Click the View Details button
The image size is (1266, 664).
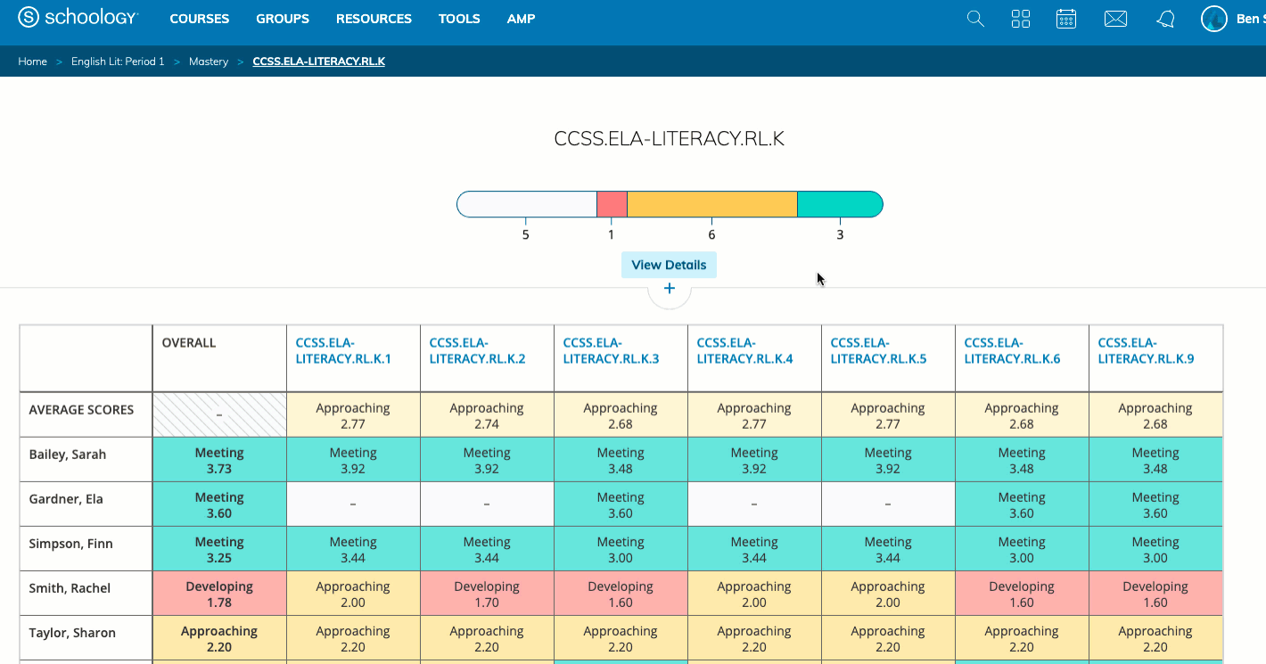(x=669, y=265)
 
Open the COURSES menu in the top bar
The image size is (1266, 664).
(x=199, y=19)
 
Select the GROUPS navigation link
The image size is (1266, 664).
(x=283, y=19)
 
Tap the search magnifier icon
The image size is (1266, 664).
(x=975, y=19)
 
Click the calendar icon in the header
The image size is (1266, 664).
(x=1065, y=19)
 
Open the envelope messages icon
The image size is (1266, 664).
(x=1115, y=19)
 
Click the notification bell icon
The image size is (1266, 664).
(x=1165, y=19)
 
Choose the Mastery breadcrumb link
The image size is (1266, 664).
(x=209, y=61)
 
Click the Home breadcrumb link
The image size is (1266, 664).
(x=32, y=61)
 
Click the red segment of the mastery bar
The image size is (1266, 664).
(x=612, y=204)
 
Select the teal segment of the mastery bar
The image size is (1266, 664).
(x=839, y=204)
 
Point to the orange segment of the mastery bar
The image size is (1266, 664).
(x=711, y=204)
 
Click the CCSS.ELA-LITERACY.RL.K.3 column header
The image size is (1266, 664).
(x=612, y=351)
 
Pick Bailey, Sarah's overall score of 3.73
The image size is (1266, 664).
(x=219, y=460)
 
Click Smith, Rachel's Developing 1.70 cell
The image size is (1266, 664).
(x=487, y=594)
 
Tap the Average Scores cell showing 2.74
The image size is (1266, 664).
(x=487, y=415)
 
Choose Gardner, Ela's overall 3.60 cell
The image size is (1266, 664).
(x=219, y=504)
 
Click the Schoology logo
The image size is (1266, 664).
(x=78, y=18)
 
